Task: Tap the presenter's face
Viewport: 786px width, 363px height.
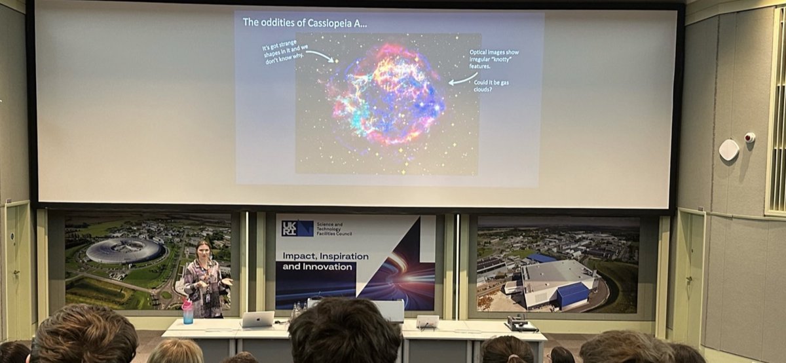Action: [203, 250]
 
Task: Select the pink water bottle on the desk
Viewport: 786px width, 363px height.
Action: [188, 312]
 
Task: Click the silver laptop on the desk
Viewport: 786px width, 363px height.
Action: [257, 319]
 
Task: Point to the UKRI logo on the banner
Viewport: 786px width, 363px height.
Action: [297, 228]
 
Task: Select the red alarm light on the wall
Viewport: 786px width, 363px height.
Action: [749, 138]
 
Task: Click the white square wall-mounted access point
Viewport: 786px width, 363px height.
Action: [728, 150]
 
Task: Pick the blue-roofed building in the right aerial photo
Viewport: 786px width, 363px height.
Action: [572, 295]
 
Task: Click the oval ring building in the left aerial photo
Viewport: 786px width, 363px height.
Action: [124, 251]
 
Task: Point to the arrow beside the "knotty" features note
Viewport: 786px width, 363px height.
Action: [462, 79]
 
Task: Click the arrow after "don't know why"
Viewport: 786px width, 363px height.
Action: [320, 56]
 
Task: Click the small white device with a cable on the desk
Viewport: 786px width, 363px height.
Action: [428, 321]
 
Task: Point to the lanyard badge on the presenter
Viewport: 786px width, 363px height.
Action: [207, 296]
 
